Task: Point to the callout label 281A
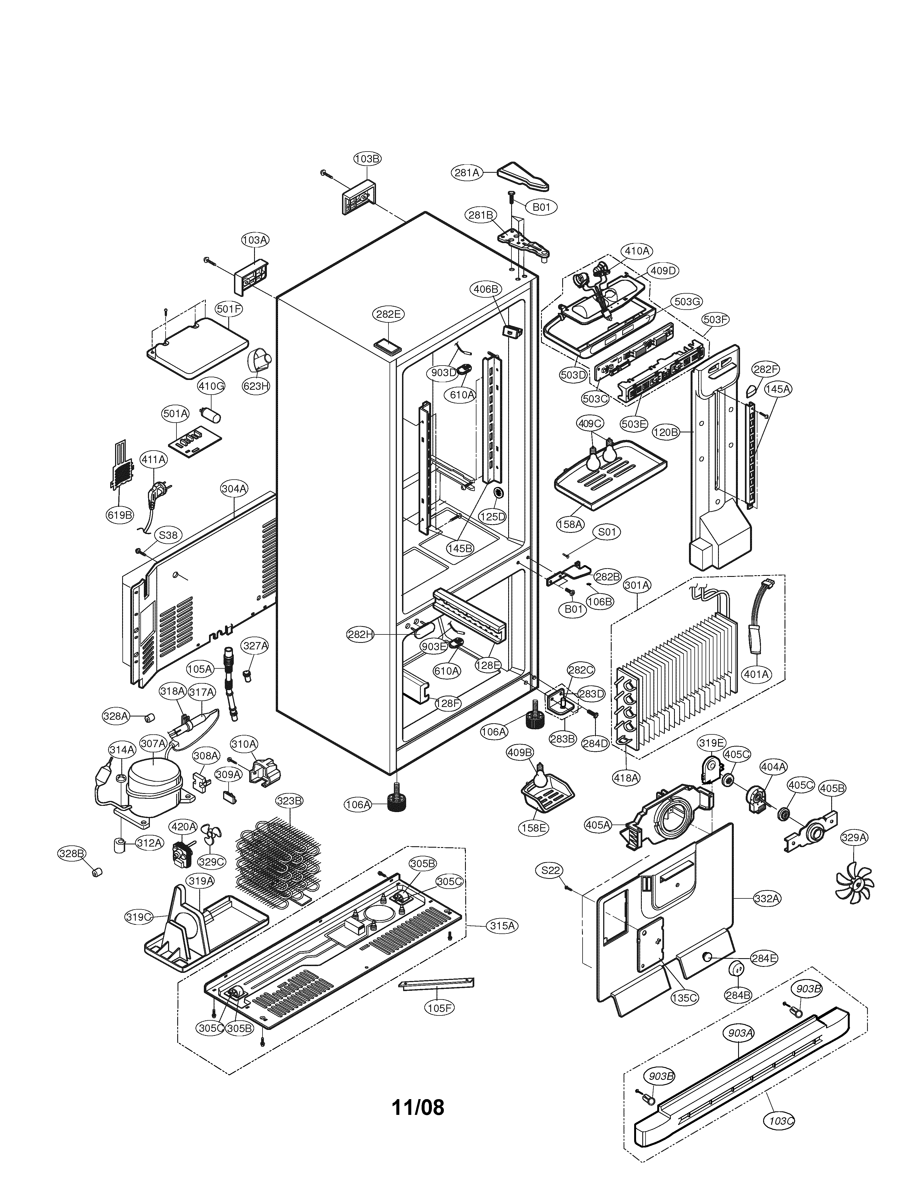(x=466, y=172)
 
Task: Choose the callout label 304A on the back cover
(x=234, y=489)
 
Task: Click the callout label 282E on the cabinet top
(x=388, y=314)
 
